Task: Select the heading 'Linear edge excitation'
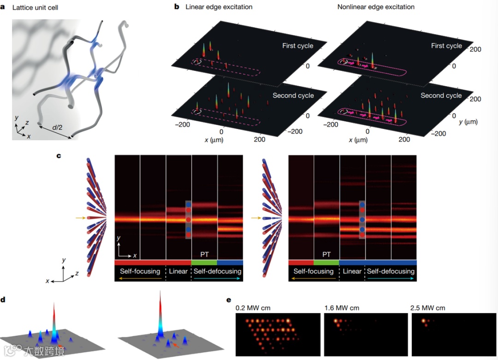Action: point(219,7)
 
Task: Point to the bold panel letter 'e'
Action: point(229,300)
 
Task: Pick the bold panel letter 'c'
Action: point(59,156)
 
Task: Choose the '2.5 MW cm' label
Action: point(428,308)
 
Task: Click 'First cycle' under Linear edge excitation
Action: point(297,46)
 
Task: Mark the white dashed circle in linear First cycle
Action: point(197,61)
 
